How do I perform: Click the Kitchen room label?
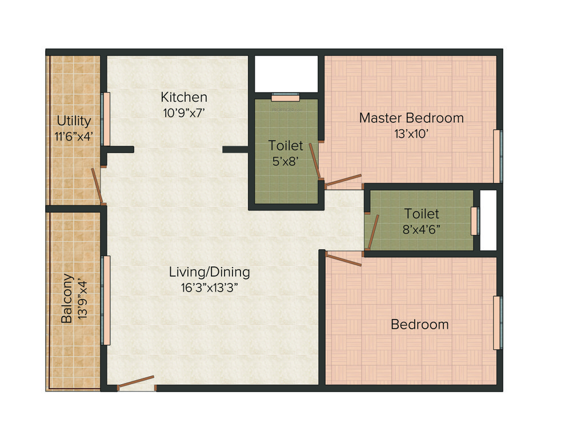[183, 97]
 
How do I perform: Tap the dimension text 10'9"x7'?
[183, 113]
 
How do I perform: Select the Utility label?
[74, 121]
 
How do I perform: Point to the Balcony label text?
[67, 298]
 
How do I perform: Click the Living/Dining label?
[209, 272]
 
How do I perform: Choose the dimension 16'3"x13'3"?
[209, 288]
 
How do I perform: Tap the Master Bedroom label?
[411, 118]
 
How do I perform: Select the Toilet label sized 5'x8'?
[286, 146]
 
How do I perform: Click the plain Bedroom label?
[419, 325]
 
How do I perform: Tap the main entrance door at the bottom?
[136, 383]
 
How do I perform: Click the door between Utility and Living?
[98, 186]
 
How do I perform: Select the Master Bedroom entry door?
[343, 181]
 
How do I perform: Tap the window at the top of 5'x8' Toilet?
[286, 96]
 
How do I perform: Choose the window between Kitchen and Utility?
[105, 119]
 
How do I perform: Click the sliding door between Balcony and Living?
[106, 300]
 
